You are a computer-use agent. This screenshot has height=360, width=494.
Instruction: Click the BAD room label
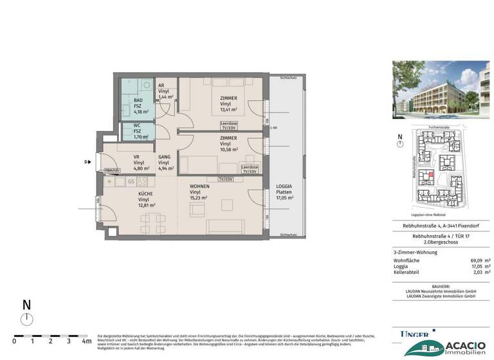click(138, 102)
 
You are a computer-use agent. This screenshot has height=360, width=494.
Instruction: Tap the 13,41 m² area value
click(228, 109)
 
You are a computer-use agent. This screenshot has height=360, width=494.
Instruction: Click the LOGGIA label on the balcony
click(284, 186)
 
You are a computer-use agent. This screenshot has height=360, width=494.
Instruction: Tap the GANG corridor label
click(165, 157)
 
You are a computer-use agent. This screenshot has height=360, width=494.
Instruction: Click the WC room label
click(137, 126)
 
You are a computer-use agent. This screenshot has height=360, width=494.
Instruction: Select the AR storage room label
click(161, 85)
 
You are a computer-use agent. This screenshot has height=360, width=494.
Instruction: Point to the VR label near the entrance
click(136, 157)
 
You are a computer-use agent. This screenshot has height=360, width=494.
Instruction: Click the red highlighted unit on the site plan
click(432, 180)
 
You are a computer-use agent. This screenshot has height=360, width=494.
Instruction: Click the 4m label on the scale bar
click(86, 341)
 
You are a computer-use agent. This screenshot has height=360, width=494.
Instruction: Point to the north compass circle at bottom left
click(26, 320)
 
